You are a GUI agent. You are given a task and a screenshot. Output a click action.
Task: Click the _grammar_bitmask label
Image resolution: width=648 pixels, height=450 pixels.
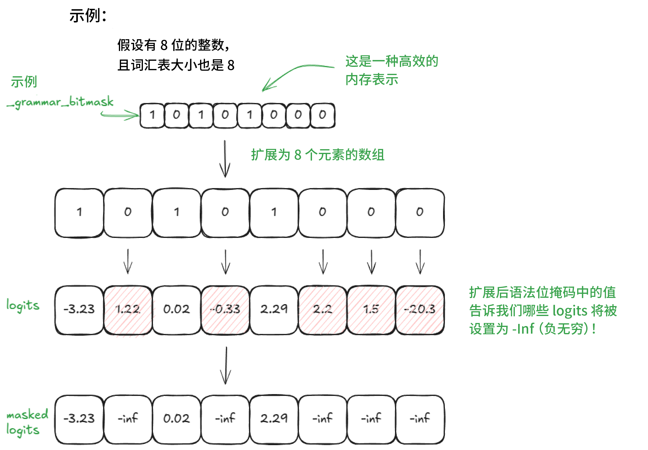coord(60,102)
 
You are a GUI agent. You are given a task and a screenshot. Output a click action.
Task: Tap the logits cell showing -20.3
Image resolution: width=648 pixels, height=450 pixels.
coord(420,309)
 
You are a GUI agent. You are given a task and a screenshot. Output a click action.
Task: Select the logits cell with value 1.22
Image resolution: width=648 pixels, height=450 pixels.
coord(128,309)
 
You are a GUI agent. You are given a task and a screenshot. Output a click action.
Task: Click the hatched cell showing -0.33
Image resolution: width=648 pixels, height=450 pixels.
coord(225,309)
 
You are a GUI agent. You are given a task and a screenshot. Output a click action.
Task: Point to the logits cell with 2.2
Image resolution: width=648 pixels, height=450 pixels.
coord(323,309)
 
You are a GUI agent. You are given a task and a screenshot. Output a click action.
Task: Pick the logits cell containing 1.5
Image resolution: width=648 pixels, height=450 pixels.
coord(371,309)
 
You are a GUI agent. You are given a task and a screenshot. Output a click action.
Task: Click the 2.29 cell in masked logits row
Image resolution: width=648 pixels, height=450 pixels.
coord(274,418)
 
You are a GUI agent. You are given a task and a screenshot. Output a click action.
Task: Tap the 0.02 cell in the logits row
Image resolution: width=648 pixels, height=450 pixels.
coord(177,309)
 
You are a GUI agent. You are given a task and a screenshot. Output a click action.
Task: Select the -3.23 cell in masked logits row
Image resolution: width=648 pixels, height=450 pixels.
coord(79,418)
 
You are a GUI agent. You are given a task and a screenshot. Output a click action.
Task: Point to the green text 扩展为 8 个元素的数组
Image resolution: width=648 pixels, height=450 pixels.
coord(318,155)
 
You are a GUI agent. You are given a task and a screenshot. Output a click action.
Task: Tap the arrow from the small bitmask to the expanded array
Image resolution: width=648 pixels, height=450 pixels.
coord(225,159)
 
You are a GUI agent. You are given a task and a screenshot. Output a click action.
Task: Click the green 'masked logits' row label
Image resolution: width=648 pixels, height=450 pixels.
coord(27,422)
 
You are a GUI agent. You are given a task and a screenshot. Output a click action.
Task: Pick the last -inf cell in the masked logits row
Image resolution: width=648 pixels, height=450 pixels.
coord(420,418)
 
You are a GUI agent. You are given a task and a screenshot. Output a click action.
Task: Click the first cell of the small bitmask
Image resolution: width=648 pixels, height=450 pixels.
coord(152,115)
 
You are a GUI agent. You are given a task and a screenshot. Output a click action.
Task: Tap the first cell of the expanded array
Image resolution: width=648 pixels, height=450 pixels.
coord(79,212)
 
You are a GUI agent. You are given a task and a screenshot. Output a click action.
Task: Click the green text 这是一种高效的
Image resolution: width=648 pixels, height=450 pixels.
coord(392,61)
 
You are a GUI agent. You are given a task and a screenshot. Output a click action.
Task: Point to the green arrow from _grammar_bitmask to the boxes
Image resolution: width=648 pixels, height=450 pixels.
coord(120,115)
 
